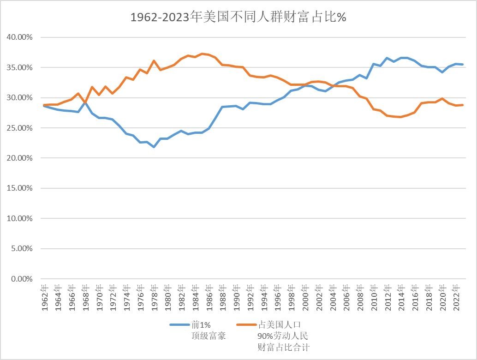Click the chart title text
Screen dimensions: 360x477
coord(238,18)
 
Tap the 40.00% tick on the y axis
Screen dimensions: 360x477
coord(20,37)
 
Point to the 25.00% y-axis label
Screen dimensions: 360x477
coord(20,128)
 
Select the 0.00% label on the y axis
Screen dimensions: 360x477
coord(21,279)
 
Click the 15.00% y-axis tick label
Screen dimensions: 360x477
coord(20,188)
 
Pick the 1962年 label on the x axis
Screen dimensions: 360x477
coord(45,298)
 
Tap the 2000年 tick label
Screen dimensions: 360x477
coord(305,298)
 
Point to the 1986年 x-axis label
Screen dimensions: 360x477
coord(209,298)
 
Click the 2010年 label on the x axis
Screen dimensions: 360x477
coord(374,298)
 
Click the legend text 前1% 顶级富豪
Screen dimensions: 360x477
coord(209,330)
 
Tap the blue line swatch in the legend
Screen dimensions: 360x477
coord(179,324)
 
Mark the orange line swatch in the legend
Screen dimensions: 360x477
coord(246,324)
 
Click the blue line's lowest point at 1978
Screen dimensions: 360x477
coord(154,147)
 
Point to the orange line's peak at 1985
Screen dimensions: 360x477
coord(202,54)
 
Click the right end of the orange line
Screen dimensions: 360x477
coord(463,105)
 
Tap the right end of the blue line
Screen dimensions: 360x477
coord(463,65)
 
